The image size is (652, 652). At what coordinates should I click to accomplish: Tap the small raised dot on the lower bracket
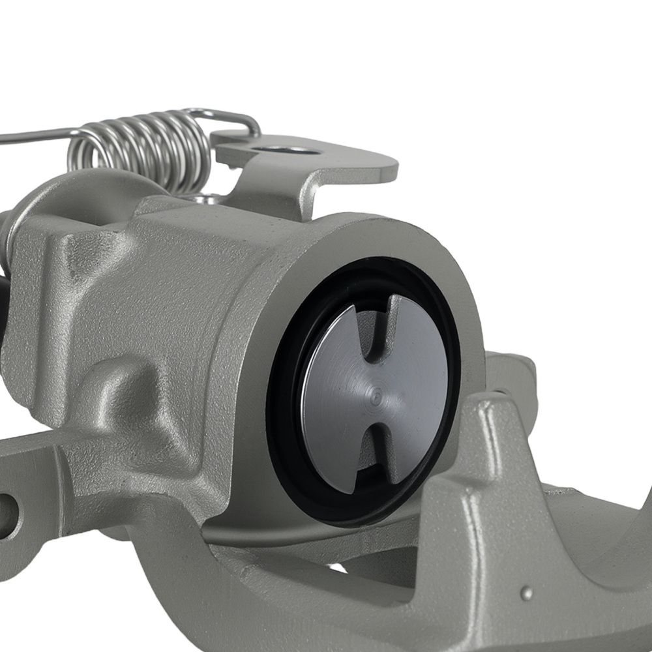526,593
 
